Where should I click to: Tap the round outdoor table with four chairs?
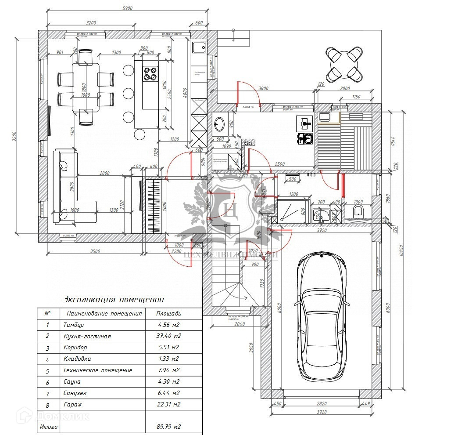(x=344, y=64)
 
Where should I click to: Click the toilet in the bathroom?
(x=358, y=210)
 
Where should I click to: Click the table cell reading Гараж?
(x=73, y=404)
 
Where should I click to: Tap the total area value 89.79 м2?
(x=168, y=427)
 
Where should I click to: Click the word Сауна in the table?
(x=72, y=382)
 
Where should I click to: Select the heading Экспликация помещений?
(x=113, y=300)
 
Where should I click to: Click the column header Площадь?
(x=168, y=314)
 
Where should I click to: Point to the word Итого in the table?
(x=48, y=427)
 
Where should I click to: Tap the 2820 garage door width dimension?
(x=322, y=404)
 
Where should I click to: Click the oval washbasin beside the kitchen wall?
(x=219, y=124)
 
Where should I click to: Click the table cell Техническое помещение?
(x=98, y=370)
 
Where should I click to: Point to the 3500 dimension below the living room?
(x=95, y=251)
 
